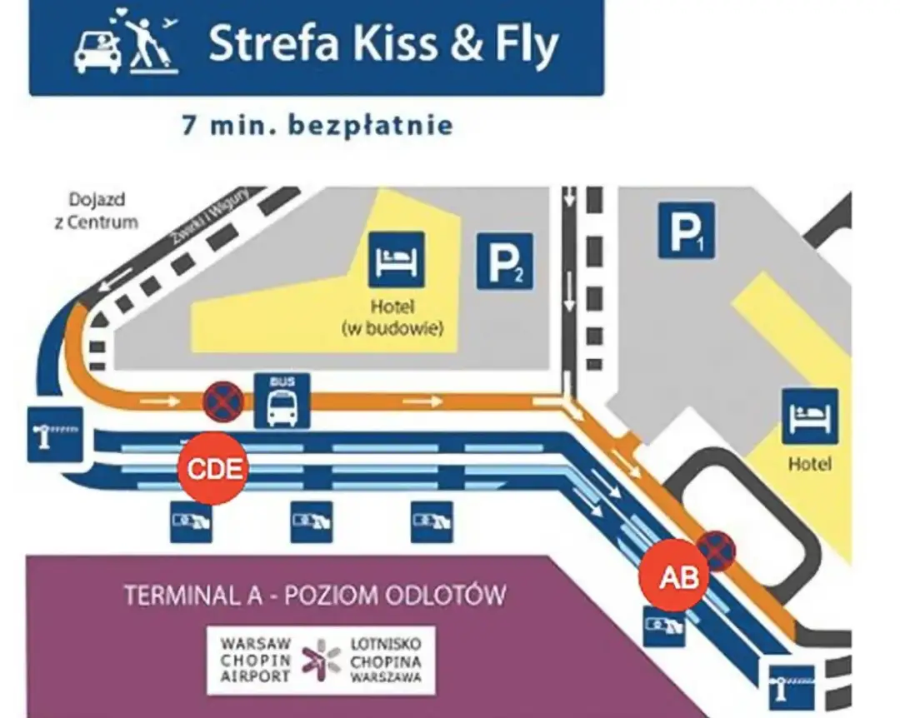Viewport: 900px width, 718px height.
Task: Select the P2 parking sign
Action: coord(504,261)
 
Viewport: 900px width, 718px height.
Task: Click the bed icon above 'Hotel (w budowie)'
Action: coord(397,259)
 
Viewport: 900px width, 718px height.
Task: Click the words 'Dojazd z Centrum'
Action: coord(103,210)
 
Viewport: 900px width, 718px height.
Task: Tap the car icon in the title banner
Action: coord(97,50)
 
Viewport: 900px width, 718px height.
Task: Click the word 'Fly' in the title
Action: coord(523,47)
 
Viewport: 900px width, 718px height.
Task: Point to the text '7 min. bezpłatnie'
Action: coord(317,126)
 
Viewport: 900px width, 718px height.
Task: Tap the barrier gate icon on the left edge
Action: coord(55,433)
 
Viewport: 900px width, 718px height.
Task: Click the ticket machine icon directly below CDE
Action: coord(192,521)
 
